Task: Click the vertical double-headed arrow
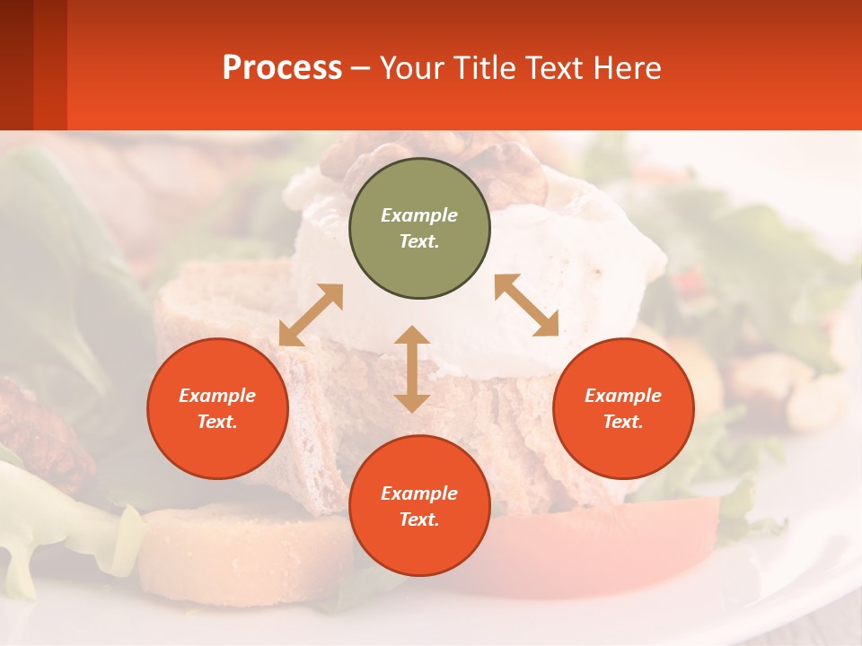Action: coord(412,369)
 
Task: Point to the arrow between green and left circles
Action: coord(311,315)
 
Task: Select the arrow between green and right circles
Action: coord(527,305)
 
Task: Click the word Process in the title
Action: coord(282,67)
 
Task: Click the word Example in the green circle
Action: coord(419,215)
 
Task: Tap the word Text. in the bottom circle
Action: coord(419,519)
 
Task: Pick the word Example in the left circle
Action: coord(217,396)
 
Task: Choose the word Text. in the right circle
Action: coord(623,422)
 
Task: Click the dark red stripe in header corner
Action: coord(16,65)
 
